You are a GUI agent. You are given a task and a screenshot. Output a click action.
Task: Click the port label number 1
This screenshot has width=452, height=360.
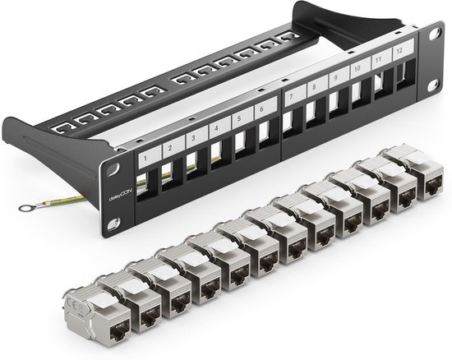point(145,155)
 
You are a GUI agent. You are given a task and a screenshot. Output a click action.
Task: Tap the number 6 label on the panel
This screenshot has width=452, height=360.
point(261,109)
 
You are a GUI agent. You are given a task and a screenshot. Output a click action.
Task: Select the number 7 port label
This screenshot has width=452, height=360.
point(293,96)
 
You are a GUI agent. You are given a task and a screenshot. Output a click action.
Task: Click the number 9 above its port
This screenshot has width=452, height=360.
point(335,78)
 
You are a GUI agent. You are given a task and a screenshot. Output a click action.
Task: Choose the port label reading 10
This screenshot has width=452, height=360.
point(357,70)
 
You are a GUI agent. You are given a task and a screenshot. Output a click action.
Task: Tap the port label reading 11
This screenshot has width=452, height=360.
point(378,61)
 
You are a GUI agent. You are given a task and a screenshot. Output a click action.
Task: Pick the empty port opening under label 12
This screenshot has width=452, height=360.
point(404,76)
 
